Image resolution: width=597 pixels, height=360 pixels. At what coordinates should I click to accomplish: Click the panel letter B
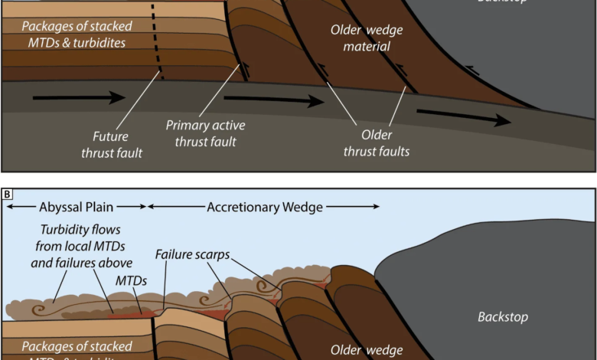(8, 195)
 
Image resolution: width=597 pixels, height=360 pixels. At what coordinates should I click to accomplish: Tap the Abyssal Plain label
(76, 207)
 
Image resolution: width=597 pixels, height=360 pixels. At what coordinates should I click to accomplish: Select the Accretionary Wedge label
(265, 207)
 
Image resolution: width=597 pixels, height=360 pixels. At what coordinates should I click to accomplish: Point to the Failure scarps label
(192, 254)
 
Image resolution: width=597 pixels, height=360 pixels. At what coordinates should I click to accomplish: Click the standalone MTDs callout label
(132, 281)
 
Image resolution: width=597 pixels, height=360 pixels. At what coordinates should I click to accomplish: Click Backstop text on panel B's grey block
(503, 316)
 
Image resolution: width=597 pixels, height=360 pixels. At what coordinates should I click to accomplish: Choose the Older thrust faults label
(377, 143)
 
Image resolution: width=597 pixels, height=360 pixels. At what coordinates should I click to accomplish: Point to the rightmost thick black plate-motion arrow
(466, 117)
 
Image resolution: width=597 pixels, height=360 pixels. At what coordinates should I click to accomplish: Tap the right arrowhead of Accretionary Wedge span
(375, 207)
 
